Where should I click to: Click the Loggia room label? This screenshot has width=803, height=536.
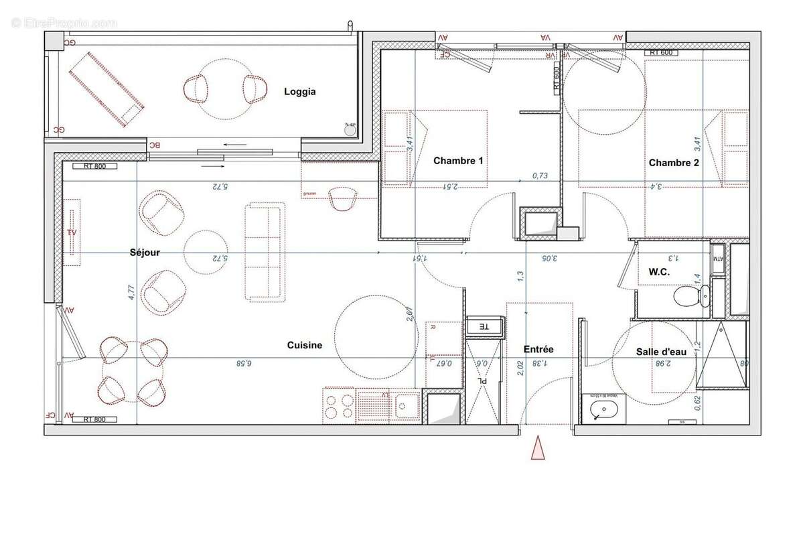(x=299, y=92)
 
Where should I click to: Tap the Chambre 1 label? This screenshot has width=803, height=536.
(x=458, y=161)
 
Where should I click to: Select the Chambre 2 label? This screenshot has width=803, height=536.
(x=674, y=163)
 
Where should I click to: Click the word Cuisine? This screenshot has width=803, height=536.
(x=305, y=345)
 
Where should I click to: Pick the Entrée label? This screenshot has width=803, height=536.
(x=538, y=349)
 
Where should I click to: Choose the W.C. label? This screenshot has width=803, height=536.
(x=660, y=272)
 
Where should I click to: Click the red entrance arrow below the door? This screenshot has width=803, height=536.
(x=537, y=448)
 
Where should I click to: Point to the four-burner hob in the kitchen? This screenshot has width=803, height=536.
(x=339, y=405)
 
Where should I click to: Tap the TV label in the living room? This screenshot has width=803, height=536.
(x=72, y=232)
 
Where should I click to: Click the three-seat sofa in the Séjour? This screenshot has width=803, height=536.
(x=263, y=252)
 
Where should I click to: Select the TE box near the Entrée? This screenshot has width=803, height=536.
(x=483, y=326)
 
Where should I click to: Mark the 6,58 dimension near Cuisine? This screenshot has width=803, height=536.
(x=244, y=362)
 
